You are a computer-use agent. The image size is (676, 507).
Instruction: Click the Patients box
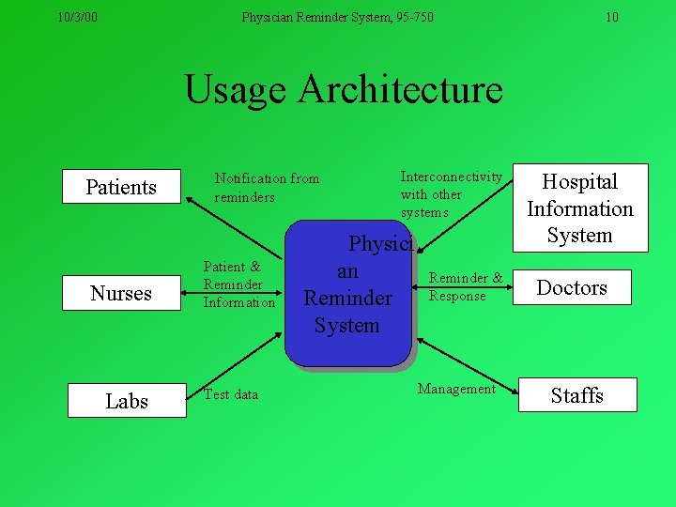[x=121, y=187]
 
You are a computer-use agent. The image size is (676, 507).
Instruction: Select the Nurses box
[x=121, y=293]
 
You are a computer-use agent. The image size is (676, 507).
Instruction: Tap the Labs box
[x=127, y=401]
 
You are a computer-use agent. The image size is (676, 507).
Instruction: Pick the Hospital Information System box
[x=580, y=208]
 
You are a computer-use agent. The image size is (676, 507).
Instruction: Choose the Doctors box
[x=572, y=287]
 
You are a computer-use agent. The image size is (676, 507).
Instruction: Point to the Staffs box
[x=576, y=394]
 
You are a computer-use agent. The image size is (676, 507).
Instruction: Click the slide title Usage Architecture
[x=344, y=90]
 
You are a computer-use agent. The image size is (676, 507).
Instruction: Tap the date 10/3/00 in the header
[x=77, y=17]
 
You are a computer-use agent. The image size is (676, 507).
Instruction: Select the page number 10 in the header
[x=612, y=17]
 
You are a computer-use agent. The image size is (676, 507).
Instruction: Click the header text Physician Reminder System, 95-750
[x=338, y=17]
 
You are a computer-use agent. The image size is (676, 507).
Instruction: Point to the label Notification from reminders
[x=267, y=188]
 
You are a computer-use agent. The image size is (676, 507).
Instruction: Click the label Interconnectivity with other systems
[x=451, y=194]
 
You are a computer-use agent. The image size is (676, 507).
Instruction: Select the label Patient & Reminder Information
[x=239, y=285]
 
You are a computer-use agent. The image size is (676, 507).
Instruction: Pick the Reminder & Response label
[x=465, y=286]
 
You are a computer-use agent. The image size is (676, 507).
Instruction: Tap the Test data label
[x=231, y=394]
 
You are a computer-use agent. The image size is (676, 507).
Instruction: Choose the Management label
[x=456, y=389]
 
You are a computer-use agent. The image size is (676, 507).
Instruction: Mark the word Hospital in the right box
[x=580, y=181]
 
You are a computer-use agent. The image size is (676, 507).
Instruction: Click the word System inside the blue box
[x=346, y=326]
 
